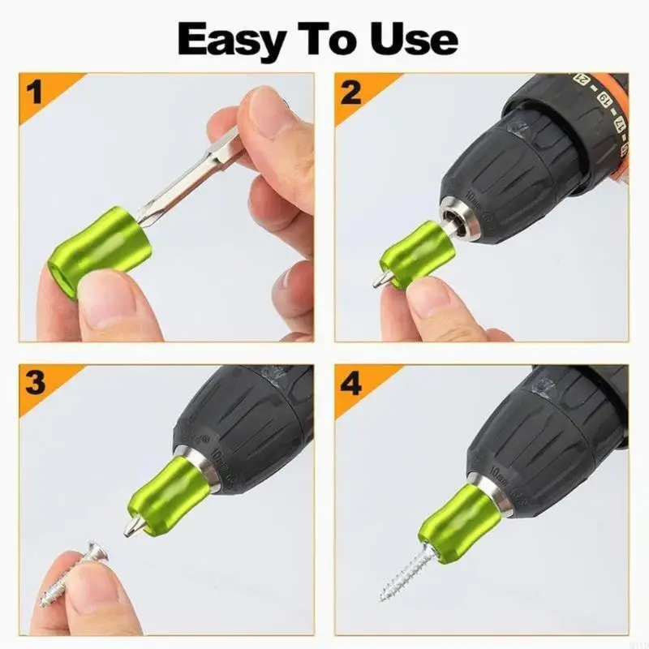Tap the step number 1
pyautogui.click(x=33, y=92)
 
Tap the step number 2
pyautogui.click(x=350, y=92)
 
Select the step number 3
pyautogui.click(x=33, y=383)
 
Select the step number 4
pyautogui.click(x=350, y=383)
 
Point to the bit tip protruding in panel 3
pyautogui.click(x=129, y=527)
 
